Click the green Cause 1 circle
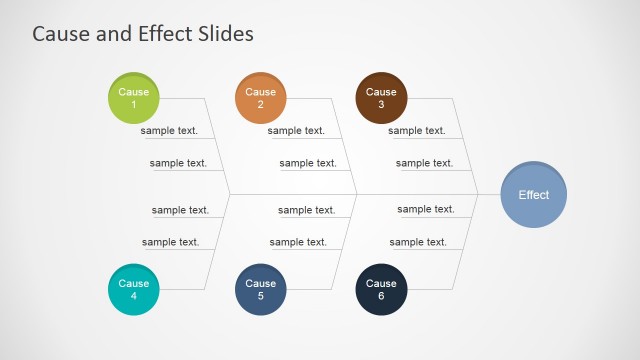(x=133, y=98)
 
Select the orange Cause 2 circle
(x=260, y=98)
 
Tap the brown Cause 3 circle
(x=381, y=98)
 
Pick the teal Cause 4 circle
(x=133, y=290)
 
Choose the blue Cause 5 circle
(x=260, y=290)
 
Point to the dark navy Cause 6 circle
(x=381, y=290)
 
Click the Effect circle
(x=533, y=195)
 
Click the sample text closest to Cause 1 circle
(x=169, y=131)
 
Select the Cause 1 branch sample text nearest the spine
(x=178, y=163)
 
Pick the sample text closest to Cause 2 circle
(x=296, y=131)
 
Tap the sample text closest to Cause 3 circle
(x=417, y=131)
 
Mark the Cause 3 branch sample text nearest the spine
(x=424, y=163)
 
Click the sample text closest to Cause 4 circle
(x=170, y=242)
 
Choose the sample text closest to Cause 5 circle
(x=298, y=242)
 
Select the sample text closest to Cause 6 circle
(x=418, y=242)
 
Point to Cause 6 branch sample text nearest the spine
(x=426, y=210)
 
